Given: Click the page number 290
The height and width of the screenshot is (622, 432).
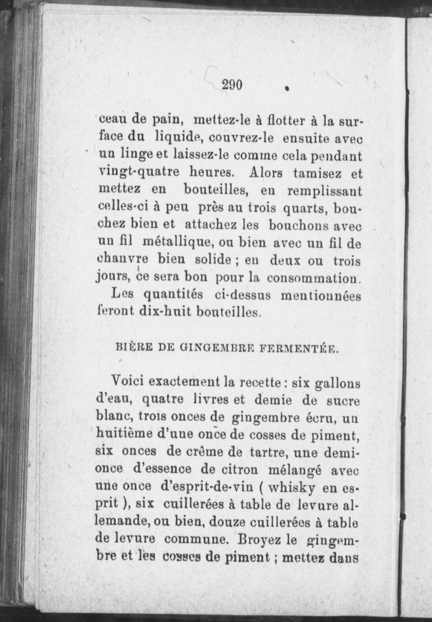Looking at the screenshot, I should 232,85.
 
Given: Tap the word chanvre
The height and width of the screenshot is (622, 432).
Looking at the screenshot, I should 122,261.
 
